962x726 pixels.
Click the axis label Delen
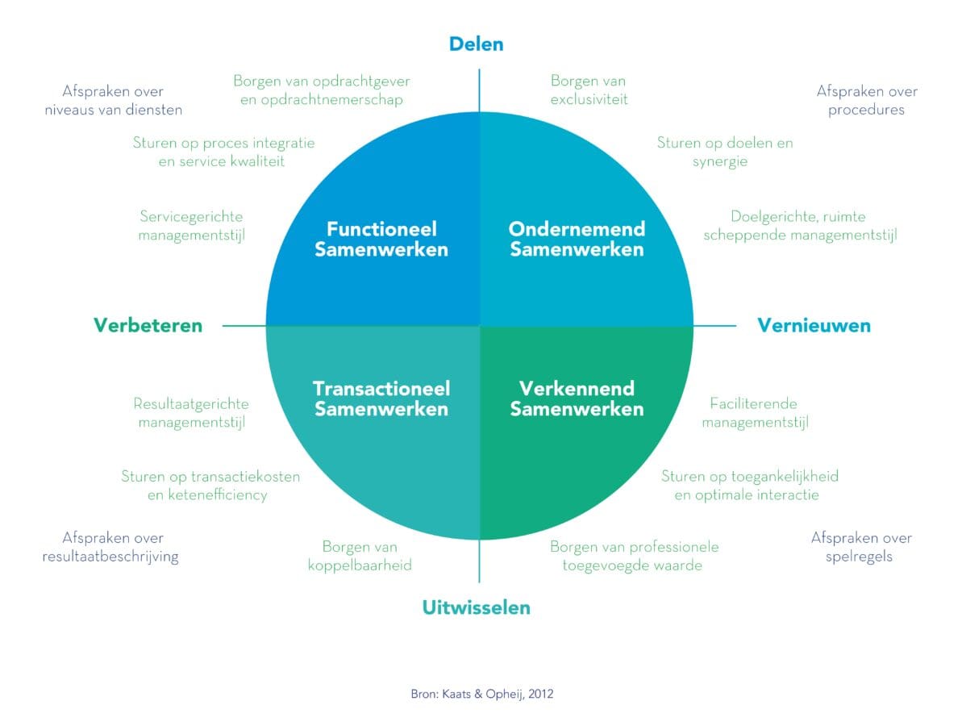pyautogui.click(x=476, y=44)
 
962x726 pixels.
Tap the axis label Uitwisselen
pyautogui.click(x=476, y=607)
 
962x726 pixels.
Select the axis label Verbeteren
pyautogui.click(x=148, y=325)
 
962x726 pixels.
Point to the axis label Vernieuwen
pyautogui.click(x=814, y=325)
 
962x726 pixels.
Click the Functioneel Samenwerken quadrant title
pyautogui.click(x=381, y=239)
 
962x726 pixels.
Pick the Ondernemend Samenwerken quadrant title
pyautogui.click(x=577, y=239)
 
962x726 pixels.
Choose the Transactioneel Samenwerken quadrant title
pyautogui.click(x=381, y=398)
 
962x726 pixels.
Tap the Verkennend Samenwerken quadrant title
pyautogui.click(x=577, y=398)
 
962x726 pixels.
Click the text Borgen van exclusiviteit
pyautogui.click(x=589, y=90)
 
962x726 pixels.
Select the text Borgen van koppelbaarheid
pyautogui.click(x=360, y=556)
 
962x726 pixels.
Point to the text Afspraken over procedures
pyautogui.click(x=867, y=101)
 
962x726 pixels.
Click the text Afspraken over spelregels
pyautogui.click(x=861, y=547)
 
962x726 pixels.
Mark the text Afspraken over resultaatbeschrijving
pyautogui.click(x=110, y=547)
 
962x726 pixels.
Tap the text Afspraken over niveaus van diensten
pyautogui.click(x=113, y=101)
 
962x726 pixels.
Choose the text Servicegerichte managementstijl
pyautogui.click(x=191, y=226)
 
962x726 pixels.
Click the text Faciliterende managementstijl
pyautogui.click(x=754, y=412)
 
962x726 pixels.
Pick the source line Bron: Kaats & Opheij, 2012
pyautogui.click(x=481, y=693)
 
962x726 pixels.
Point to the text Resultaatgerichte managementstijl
pyautogui.click(x=191, y=412)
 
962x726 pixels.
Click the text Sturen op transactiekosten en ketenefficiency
pyautogui.click(x=210, y=485)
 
